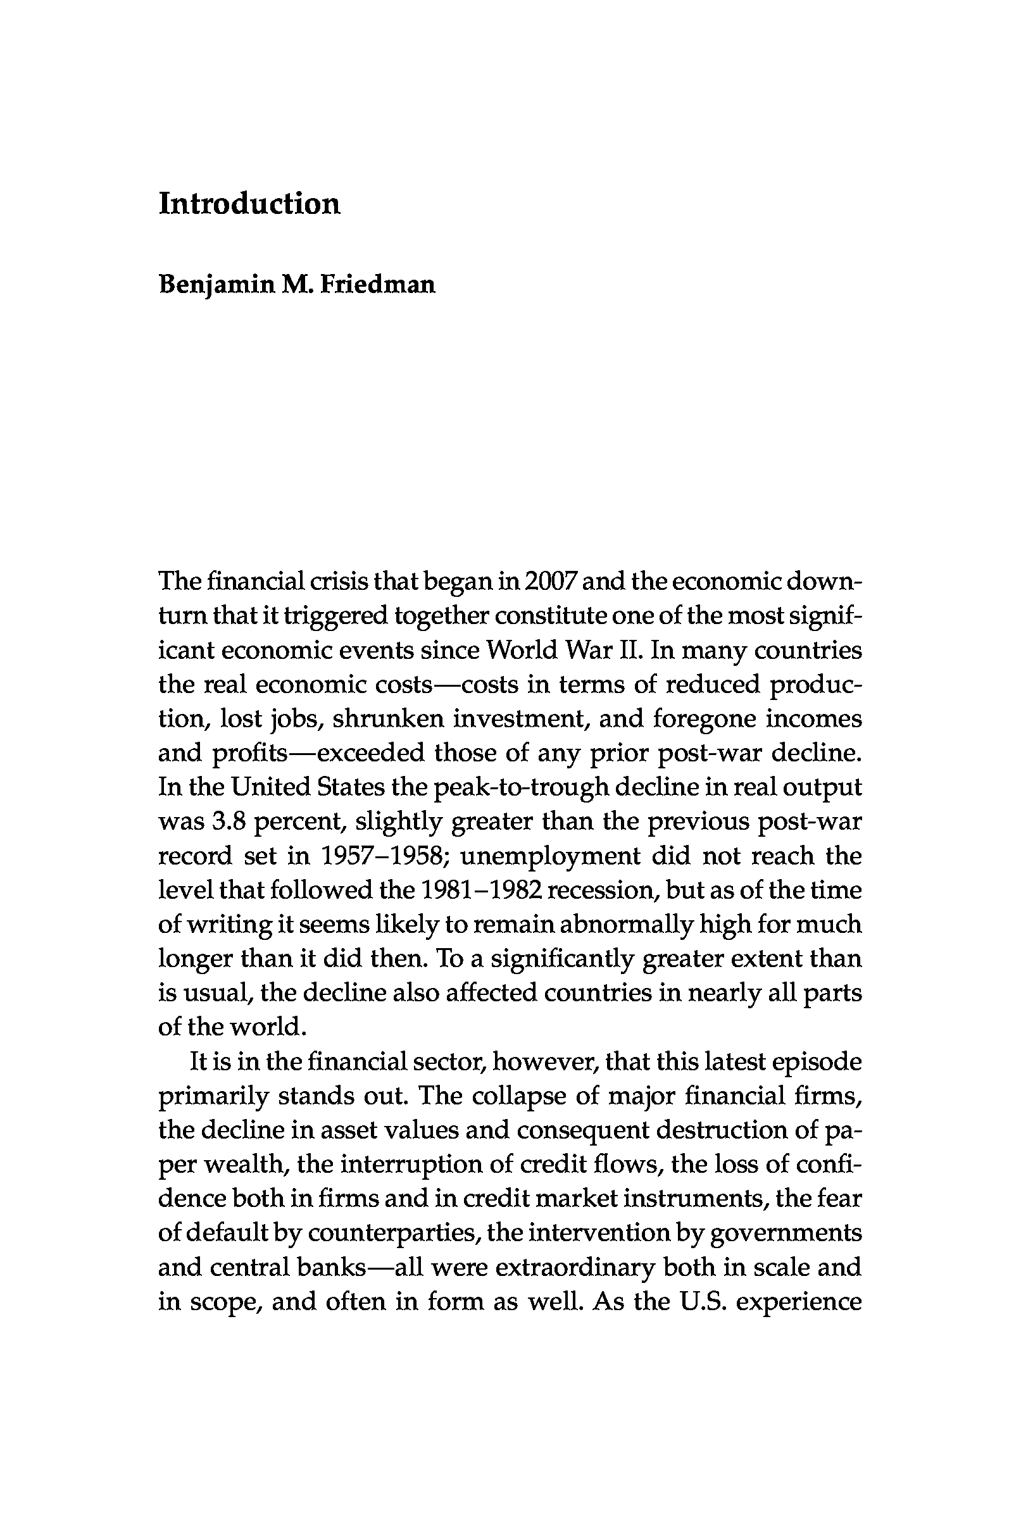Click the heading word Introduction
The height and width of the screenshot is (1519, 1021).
[x=249, y=204]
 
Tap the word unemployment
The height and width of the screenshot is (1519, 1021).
[x=550, y=856]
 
